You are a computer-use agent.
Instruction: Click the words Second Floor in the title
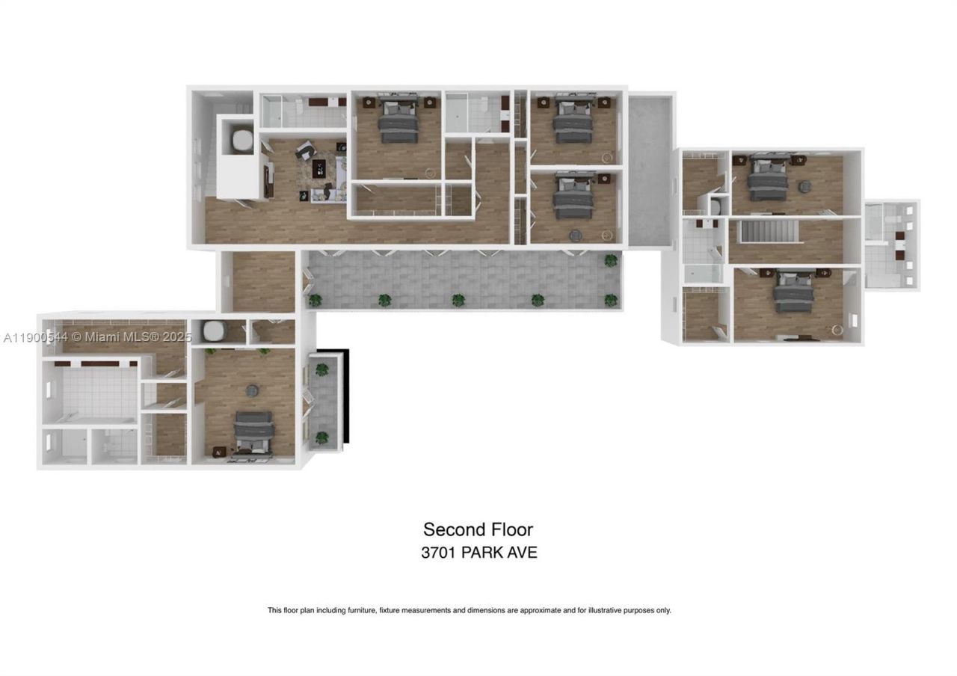pos(478,529)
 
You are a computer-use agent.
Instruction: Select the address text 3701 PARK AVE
pos(478,553)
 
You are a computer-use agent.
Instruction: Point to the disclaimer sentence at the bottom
pos(469,610)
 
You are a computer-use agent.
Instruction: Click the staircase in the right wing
pos(769,232)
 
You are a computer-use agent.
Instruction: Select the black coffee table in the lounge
pos(320,169)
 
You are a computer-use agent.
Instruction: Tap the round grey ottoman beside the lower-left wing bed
pos(252,390)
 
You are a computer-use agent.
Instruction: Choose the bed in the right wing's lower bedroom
pos(793,292)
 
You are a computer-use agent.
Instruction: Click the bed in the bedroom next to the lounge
pos(398,121)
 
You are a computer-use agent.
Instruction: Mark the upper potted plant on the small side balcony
pos(322,369)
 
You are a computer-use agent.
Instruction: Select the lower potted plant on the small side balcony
pos(322,437)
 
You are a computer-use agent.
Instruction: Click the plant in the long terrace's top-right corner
pos(612,261)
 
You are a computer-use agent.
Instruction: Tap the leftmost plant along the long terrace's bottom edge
pos(316,301)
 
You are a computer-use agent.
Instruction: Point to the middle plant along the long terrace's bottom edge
pos(458,301)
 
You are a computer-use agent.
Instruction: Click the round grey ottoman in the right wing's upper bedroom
pos(805,187)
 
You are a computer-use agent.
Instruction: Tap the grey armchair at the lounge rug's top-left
pos(304,151)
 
